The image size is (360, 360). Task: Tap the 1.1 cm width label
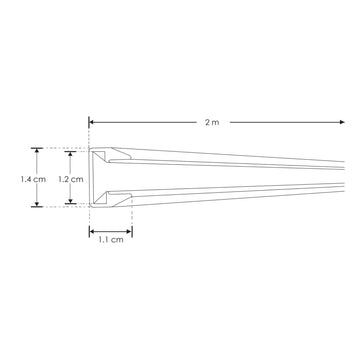tap(110, 239)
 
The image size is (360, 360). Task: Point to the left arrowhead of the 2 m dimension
tap(91, 123)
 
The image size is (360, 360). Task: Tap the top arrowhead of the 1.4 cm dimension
tap(36, 150)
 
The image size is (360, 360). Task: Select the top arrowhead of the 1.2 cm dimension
tap(70, 154)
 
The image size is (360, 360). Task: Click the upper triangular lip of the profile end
tap(116, 157)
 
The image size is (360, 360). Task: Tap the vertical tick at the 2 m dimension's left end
tap(88, 124)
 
